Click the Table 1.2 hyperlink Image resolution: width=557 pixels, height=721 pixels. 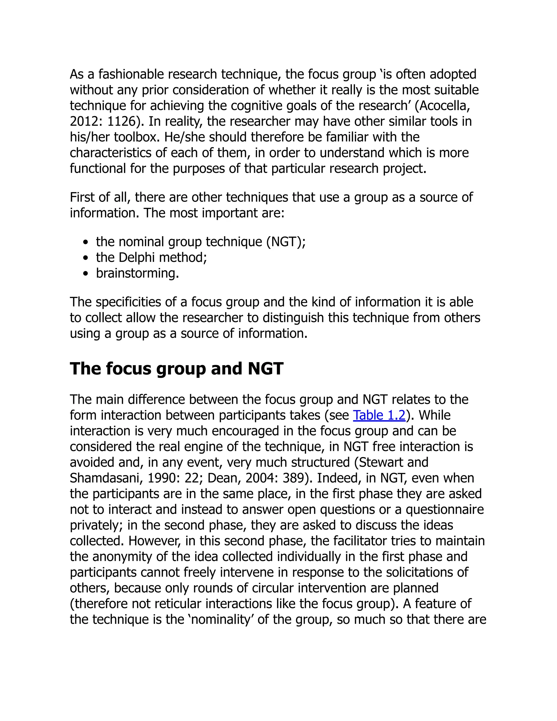click(x=379, y=415)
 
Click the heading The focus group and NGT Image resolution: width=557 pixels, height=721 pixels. click(x=177, y=368)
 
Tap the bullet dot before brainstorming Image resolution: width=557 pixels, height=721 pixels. click(x=86, y=273)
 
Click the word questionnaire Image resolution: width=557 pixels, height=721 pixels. click(x=444, y=509)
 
